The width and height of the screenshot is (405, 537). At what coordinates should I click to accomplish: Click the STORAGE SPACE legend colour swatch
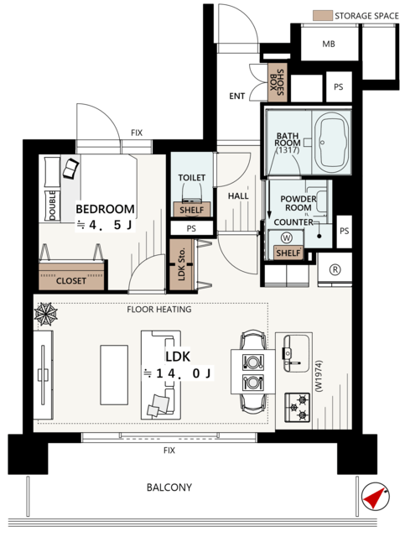(x=323, y=15)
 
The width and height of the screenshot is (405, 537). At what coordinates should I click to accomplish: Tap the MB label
(x=329, y=44)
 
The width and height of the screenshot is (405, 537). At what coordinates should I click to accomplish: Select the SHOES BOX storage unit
(x=277, y=82)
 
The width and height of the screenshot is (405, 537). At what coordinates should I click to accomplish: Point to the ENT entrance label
(x=237, y=96)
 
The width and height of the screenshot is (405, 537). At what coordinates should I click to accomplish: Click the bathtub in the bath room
(x=331, y=142)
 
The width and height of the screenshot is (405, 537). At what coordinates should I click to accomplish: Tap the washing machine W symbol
(x=286, y=237)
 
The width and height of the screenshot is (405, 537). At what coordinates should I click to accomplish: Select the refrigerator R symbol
(x=335, y=269)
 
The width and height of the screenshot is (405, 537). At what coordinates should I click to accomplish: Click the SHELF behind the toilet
(x=192, y=209)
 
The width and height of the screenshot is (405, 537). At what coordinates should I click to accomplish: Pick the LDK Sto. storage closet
(x=182, y=264)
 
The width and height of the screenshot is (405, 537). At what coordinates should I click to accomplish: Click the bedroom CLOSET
(x=71, y=276)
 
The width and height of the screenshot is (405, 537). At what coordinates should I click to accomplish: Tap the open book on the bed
(x=71, y=168)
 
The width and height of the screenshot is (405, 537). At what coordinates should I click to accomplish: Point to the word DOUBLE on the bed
(x=52, y=206)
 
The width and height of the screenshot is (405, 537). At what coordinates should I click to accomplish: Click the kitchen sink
(x=297, y=353)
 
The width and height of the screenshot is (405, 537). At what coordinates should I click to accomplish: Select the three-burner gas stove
(x=297, y=407)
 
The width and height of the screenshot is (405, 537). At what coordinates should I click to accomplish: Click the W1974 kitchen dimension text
(x=319, y=375)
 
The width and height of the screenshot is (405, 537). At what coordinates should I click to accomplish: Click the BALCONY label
(x=169, y=487)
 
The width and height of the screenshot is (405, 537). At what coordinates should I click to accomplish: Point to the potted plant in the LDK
(x=45, y=314)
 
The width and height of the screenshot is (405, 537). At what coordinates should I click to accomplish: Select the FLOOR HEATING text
(x=159, y=310)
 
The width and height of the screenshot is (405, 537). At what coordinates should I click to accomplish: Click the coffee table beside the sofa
(x=114, y=375)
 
